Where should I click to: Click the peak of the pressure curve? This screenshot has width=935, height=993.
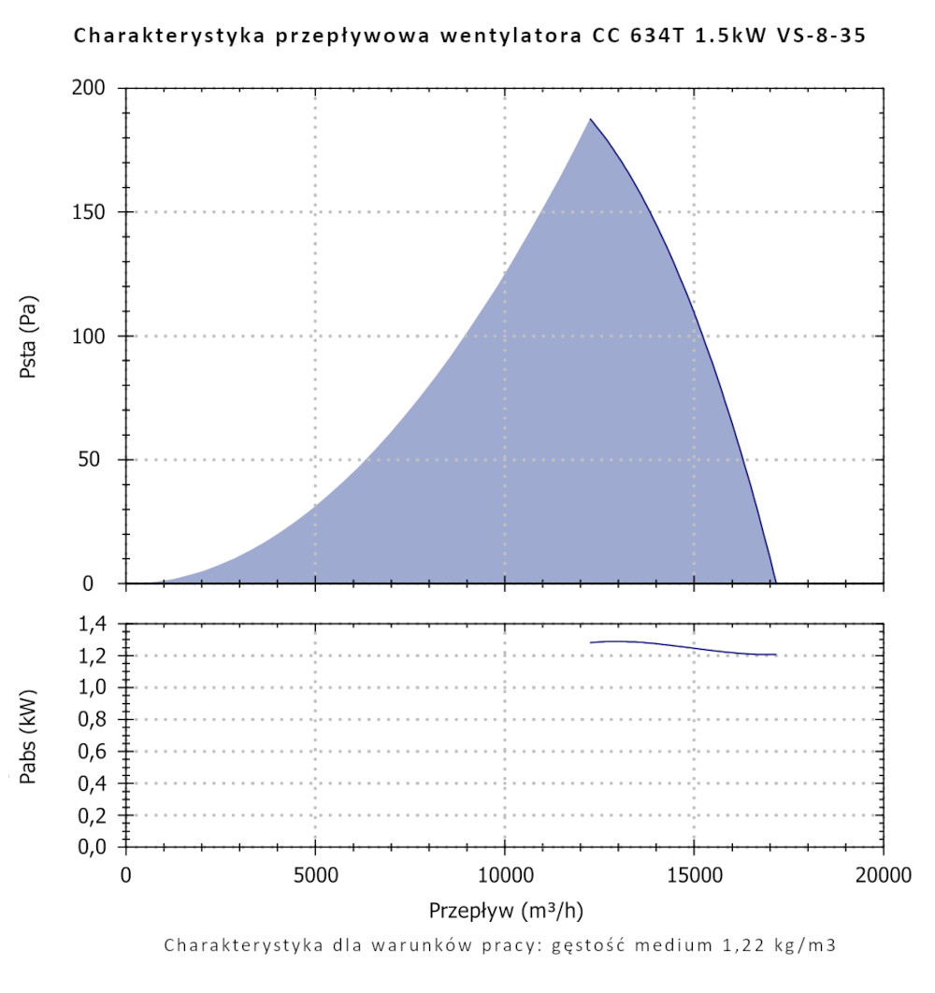[x=590, y=119]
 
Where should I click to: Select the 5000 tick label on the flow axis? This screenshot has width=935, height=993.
[x=315, y=876]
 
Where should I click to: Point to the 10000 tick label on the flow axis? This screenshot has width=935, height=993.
[x=504, y=876]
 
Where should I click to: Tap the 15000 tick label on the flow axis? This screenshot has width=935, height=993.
[x=694, y=876]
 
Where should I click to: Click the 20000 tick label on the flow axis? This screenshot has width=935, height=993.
[x=883, y=876]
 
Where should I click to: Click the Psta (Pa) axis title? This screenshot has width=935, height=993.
[x=28, y=336]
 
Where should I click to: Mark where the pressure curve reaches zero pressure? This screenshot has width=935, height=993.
[x=776, y=583]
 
